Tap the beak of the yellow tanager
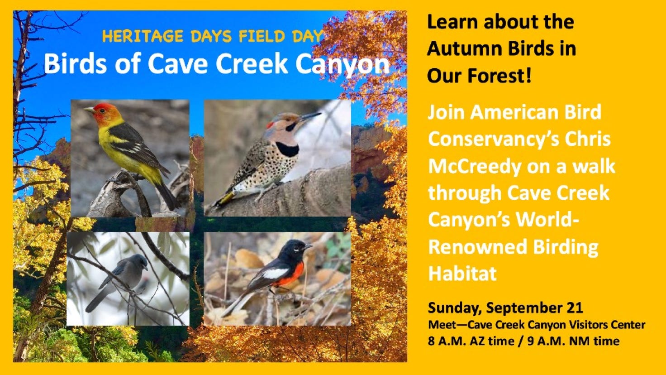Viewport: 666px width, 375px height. tap(89, 110)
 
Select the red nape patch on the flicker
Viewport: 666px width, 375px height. tap(270, 125)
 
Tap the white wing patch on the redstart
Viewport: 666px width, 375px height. tap(276, 273)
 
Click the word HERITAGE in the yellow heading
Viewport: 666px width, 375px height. tap(143, 36)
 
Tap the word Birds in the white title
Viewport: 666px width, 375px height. tap(76, 64)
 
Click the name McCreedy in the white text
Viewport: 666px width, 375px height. tap(475, 167)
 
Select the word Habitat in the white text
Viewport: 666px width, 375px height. tap(463, 273)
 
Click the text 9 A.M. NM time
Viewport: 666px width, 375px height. tap(574, 341)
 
